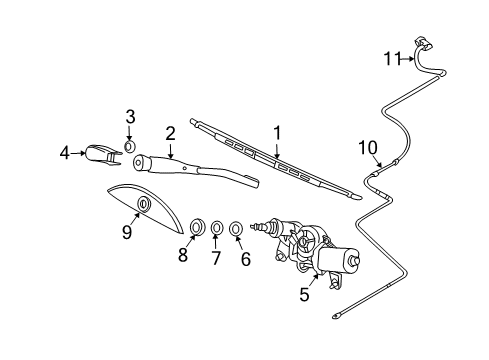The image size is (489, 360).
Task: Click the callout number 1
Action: pos(277,130)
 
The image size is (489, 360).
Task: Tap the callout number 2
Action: pos(171,131)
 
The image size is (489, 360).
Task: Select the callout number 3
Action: pos(130,118)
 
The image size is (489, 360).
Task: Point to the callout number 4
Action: pos(65,153)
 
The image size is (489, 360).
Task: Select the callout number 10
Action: pos(367,149)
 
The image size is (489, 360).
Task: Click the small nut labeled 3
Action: pos(130,147)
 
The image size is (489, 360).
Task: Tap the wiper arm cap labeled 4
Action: pos(99,153)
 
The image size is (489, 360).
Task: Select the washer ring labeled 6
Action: pos(236,228)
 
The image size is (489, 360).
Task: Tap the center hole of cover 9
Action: pos(142,205)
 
